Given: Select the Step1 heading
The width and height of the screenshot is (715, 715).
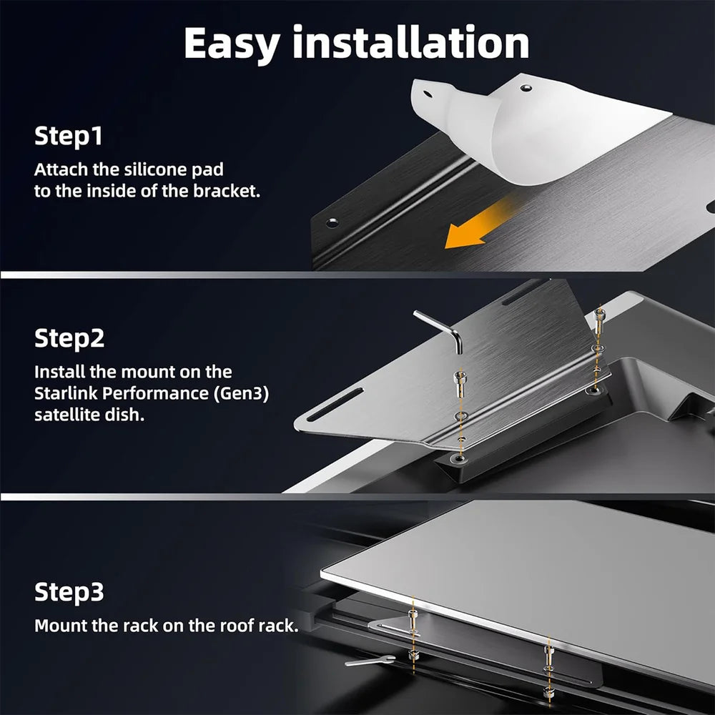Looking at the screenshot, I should point(69,136).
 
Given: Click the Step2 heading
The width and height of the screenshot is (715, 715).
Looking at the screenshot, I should point(69,338).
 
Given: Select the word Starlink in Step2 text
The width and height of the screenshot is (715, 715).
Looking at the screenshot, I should point(63,394).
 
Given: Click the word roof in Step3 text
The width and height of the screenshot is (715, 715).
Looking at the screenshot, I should point(214,626).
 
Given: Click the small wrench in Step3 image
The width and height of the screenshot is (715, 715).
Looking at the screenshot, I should point(369,661).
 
